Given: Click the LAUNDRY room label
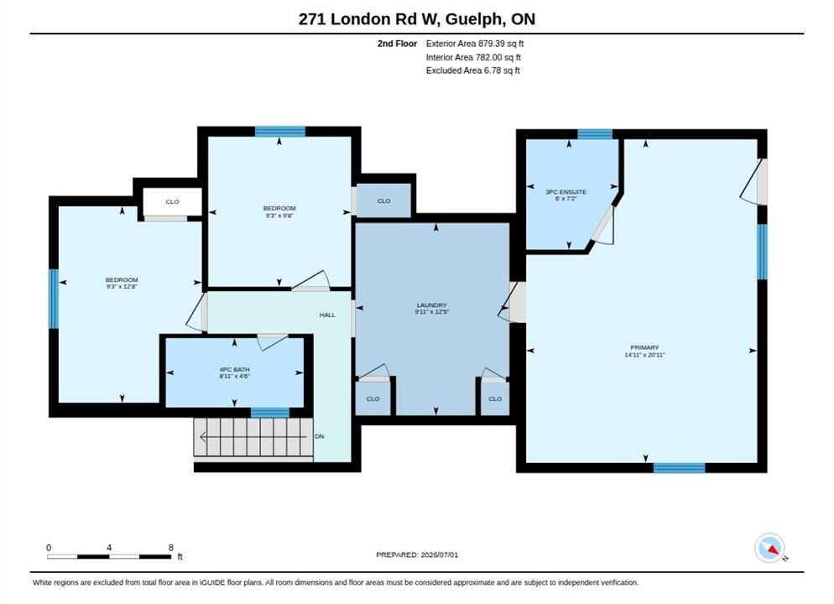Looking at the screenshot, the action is coord(431,305).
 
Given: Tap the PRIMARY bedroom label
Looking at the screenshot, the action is coord(644,348).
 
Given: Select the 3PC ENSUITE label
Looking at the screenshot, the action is coord(566,192).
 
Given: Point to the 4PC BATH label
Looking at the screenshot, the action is coord(235,369).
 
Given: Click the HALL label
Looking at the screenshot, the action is coord(327,315).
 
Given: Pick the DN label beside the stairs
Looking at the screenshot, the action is coord(319,436).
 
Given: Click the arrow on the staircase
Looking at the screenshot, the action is coord(253,437).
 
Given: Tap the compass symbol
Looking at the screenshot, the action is coord(769,548).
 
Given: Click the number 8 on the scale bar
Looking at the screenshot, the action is coord(170,548).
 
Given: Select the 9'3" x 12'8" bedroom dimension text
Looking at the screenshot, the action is coord(122,287).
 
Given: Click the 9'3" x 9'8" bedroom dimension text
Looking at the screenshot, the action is coord(279,216).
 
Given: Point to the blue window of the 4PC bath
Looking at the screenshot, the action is coord(270,413).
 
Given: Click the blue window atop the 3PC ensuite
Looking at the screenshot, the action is coord(595,134).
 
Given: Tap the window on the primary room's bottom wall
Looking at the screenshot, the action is coord(680,468).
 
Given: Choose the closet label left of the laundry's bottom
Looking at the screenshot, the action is coord(373,398).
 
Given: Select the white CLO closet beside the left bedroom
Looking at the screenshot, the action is coord(172,202).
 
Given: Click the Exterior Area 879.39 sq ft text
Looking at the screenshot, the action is coord(474,44).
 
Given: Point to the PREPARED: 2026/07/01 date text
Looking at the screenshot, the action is coord(417,555).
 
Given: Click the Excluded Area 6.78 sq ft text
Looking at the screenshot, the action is coord(473,70).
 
